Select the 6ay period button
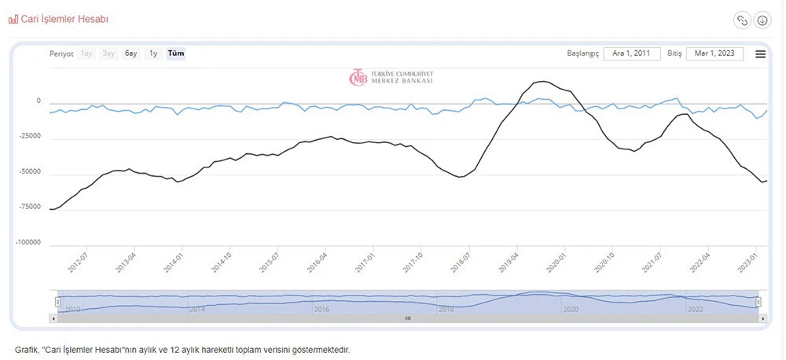(131, 53)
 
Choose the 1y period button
(153, 53)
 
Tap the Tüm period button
(176, 53)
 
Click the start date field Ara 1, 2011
(632, 53)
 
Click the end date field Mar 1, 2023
(714, 53)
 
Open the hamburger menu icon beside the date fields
(760, 54)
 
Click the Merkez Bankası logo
(391, 77)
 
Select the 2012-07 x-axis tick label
(77, 262)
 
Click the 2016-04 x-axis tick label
(318, 262)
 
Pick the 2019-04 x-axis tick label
(509, 262)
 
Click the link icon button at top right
(741, 20)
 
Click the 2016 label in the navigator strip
(321, 310)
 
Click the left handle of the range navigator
(57, 302)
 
